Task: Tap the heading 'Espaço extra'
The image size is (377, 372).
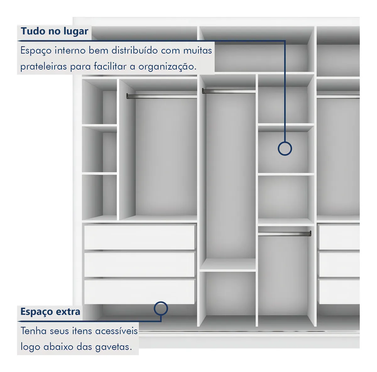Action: pos(50,312)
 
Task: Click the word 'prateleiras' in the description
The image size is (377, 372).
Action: pos(44,67)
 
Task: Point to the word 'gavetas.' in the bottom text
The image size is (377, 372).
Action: pos(113,347)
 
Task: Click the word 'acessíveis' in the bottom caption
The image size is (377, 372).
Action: pos(117,331)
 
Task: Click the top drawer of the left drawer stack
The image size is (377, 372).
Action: pos(139,237)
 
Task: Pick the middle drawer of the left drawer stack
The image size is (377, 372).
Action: pos(139,265)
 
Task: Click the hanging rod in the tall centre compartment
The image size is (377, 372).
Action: pos(228,91)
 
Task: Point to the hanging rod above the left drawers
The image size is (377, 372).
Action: pos(161,96)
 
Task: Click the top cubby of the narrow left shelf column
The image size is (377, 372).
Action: pos(99,102)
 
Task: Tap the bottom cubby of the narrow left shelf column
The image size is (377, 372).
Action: pos(99,197)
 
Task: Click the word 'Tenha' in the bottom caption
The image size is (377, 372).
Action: pos(33,331)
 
